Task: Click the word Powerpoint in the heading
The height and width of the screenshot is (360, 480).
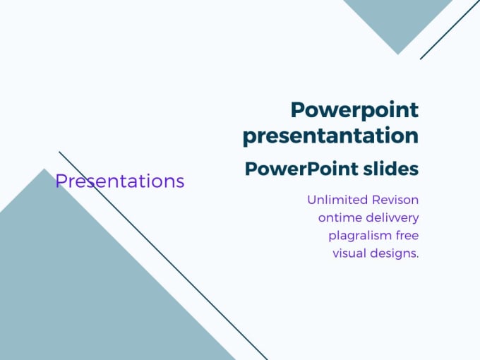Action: (x=354, y=111)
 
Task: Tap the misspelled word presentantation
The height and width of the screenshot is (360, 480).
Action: (x=330, y=136)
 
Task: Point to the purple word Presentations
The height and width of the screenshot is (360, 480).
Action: (x=120, y=181)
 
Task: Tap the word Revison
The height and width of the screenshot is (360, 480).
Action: (x=393, y=200)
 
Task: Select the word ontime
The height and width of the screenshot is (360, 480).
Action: (x=339, y=218)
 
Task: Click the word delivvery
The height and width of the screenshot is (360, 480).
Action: (x=392, y=218)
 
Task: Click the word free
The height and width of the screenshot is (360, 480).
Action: (x=407, y=236)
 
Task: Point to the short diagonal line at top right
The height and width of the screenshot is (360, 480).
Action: (x=450, y=30)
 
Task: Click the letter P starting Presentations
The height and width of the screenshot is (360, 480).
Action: (x=61, y=181)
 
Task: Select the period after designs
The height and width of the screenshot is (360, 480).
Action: (x=417, y=258)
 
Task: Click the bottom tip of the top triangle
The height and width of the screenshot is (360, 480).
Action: (x=397, y=52)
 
